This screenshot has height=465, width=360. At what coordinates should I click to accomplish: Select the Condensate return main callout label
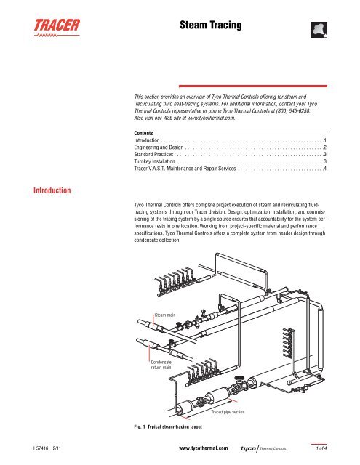point(161,364)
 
